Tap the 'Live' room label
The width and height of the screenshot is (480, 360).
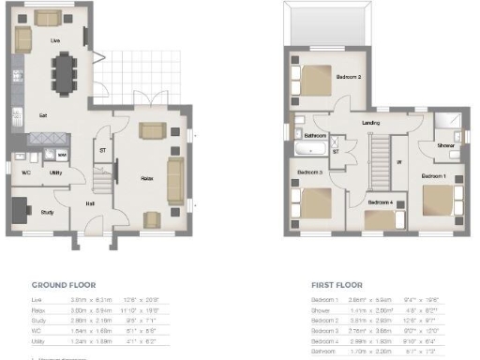click(x=56, y=41)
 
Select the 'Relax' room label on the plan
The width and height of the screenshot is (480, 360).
click(x=147, y=175)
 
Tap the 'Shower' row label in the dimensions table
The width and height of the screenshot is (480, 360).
click(x=322, y=307)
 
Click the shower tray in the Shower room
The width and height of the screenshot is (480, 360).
click(x=447, y=128)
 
